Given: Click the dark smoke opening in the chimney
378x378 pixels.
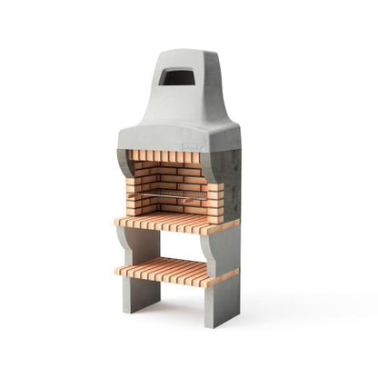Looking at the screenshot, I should click(176, 78).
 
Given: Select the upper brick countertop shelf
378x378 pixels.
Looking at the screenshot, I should click(174, 221).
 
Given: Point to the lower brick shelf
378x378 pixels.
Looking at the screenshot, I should click(174, 270).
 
